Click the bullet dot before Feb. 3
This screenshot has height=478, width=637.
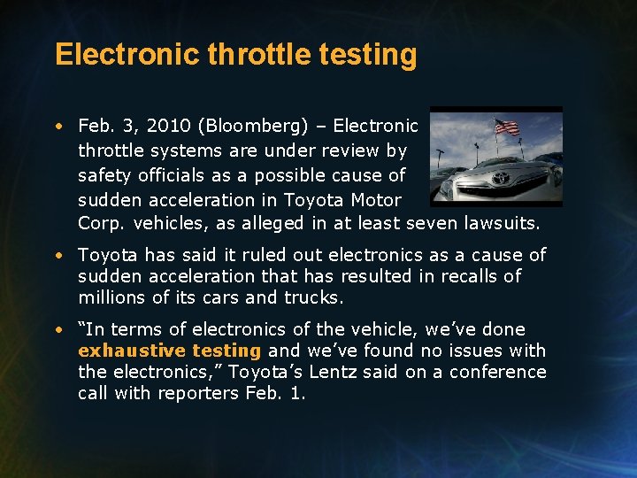[x=58, y=127]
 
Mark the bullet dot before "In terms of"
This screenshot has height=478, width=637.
[x=58, y=329]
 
